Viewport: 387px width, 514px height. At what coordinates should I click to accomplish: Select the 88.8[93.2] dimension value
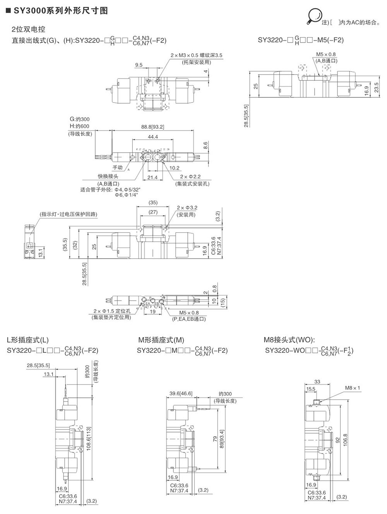pyautogui.click(x=153, y=126)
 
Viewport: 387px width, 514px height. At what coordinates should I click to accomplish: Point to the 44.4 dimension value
pyautogui.click(x=153, y=137)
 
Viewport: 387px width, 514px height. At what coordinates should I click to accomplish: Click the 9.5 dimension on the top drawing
pyautogui.click(x=139, y=65)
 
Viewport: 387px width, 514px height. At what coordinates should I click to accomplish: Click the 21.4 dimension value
pyautogui.click(x=152, y=177)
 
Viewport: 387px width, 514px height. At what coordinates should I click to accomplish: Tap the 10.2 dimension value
pyautogui.click(x=175, y=168)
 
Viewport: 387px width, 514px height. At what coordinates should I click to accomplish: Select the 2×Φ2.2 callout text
pyautogui.click(x=190, y=177)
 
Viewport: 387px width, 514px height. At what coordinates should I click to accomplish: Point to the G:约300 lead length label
pyautogui.click(x=79, y=119)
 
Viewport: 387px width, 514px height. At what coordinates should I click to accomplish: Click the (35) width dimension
pyautogui.click(x=153, y=203)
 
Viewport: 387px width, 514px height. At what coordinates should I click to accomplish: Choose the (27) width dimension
pyautogui.click(x=153, y=212)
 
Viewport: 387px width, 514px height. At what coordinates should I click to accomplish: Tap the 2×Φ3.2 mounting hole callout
pyautogui.click(x=187, y=208)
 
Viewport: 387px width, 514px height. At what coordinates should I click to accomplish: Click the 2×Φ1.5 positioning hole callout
pyautogui.click(x=112, y=311)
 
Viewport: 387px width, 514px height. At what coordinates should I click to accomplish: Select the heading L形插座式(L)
pyautogui.click(x=28, y=340)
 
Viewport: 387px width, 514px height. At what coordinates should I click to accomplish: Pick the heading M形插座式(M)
pyautogui.click(x=161, y=340)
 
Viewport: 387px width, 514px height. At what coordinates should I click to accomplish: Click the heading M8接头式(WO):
pyautogui.click(x=289, y=340)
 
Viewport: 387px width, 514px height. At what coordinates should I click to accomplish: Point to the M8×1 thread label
pyautogui.click(x=353, y=388)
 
